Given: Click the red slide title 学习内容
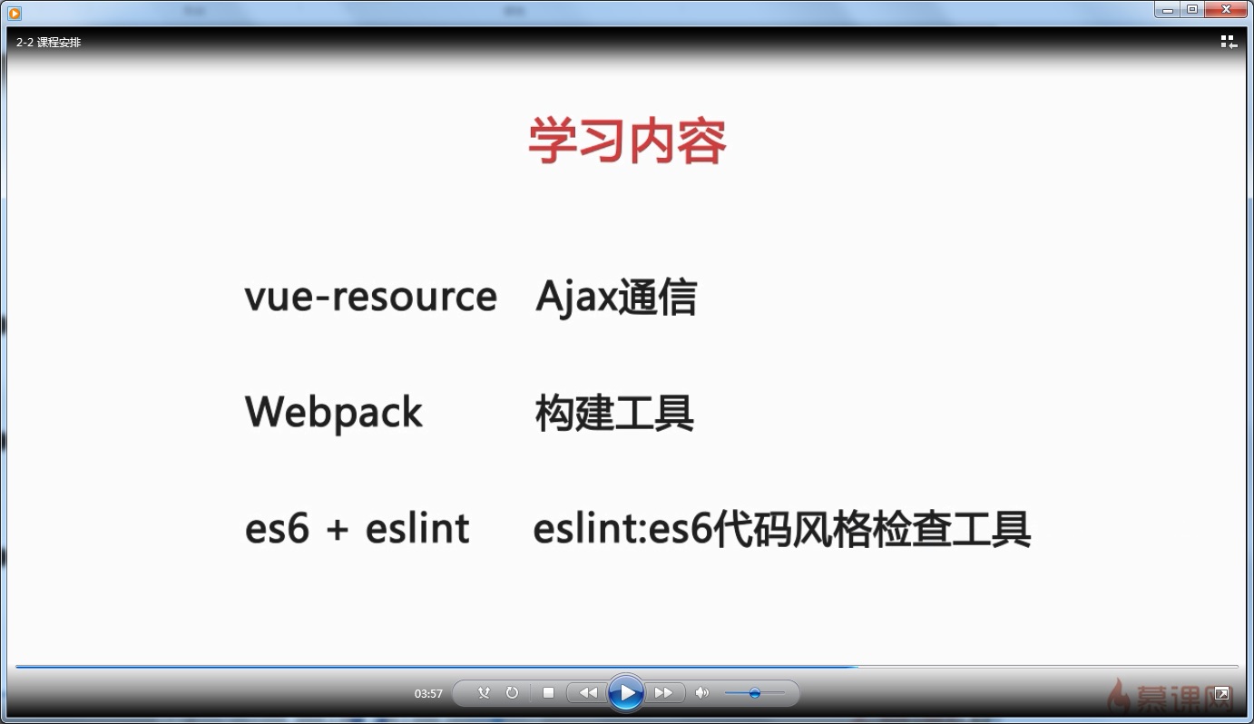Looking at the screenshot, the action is [x=627, y=141].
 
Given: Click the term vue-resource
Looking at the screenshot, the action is [x=370, y=296].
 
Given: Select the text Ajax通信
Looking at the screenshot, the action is [x=616, y=298].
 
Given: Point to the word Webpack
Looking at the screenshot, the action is [x=334, y=414].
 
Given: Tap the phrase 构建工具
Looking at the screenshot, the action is [x=614, y=413].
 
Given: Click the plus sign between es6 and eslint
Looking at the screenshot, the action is [x=338, y=529].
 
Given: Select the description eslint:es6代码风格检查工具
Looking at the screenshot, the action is [x=781, y=529].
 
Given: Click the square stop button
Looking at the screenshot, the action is [x=549, y=692].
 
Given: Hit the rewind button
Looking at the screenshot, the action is [x=587, y=692].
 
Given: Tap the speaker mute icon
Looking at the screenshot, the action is [x=701, y=693].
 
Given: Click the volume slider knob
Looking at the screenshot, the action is [x=755, y=693].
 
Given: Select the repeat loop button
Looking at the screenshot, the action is [x=512, y=692].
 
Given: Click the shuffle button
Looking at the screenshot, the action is [x=484, y=692].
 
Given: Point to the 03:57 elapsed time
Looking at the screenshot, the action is [x=428, y=694].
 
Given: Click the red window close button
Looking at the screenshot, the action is [x=1226, y=9].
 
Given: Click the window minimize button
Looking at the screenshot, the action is [x=1167, y=9].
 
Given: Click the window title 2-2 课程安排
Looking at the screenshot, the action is [x=48, y=42].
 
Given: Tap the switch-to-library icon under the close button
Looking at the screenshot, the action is [x=1229, y=42].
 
